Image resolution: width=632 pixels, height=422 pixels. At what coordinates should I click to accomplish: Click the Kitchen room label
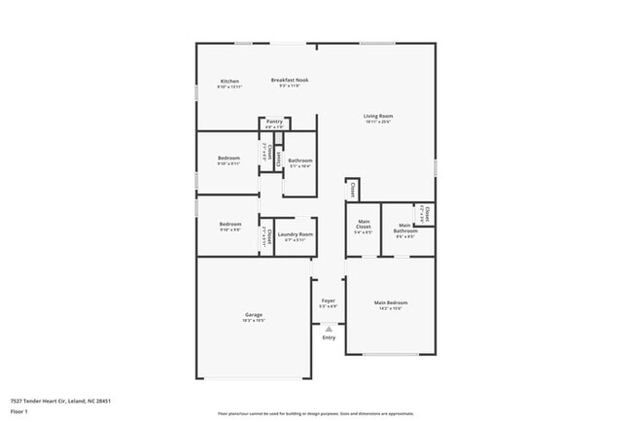229,81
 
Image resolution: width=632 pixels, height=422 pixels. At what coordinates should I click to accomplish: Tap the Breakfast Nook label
290,80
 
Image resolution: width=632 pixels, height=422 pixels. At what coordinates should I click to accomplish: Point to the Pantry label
274,122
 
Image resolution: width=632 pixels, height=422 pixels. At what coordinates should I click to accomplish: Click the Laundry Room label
295,234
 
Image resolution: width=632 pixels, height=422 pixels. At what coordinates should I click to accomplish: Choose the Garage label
254,314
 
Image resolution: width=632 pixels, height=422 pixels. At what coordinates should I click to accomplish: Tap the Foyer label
329,300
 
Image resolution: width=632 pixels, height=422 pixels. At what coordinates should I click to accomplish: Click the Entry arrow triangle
329,329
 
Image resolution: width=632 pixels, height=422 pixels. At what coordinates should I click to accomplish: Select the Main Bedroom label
391,302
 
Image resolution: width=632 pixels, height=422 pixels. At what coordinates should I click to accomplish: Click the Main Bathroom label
405,228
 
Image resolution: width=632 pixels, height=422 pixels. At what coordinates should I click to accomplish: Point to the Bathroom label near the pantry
300,160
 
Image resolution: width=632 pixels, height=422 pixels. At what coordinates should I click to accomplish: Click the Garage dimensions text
254,320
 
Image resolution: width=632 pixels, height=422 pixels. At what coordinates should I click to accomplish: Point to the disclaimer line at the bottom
315,413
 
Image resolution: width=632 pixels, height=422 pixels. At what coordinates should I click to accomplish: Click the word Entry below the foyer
329,337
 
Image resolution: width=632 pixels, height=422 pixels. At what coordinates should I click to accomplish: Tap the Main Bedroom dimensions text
391,308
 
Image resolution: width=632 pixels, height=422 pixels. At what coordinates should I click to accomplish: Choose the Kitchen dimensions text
229,87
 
